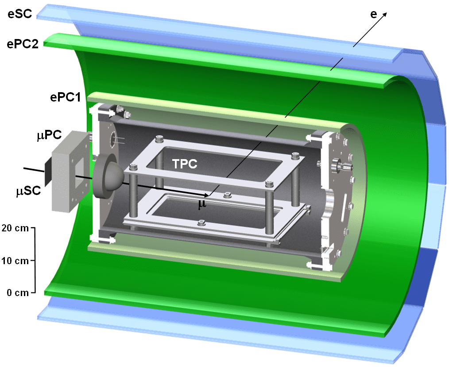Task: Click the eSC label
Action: [20, 14]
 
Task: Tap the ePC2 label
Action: [23, 44]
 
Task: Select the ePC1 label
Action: [66, 97]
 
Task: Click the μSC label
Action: [28, 191]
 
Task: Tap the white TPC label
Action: [185, 164]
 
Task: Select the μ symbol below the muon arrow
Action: [202, 204]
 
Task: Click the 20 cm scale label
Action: [15, 228]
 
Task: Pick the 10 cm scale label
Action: [15, 261]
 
